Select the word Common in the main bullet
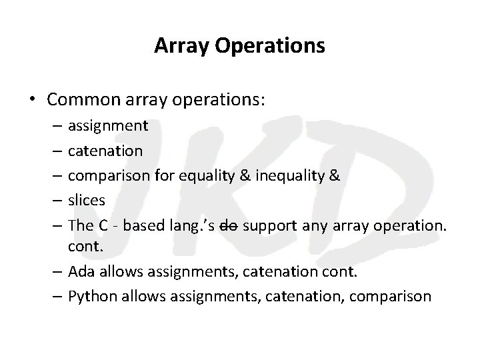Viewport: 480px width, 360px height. coord(78,99)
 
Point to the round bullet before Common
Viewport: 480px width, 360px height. coord(33,100)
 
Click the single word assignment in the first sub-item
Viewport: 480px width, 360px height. coord(109,125)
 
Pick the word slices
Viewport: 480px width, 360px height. coord(87,199)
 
